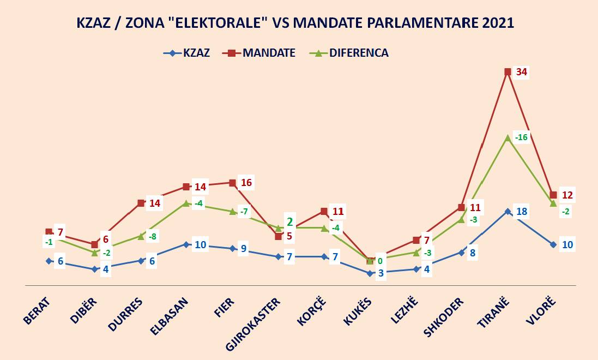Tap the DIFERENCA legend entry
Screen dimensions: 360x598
pyautogui.click(x=349, y=53)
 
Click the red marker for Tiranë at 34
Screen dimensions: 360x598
pyautogui.click(x=508, y=71)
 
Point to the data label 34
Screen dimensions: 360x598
pyautogui.click(x=523, y=73)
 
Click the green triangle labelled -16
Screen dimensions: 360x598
pyautogui.click(x=508, y=137)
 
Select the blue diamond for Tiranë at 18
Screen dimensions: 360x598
pyautogui.click(x=508, y=212)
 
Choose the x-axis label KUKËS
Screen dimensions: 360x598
pyautogui.click(x=358, y=311)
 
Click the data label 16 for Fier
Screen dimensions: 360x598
pyautogui.click(x=246, y=183)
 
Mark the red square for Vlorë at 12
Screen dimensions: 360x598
pyautogui.click(x=553, y=195)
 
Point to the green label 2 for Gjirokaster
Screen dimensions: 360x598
pyautogui.click(x=290, y=221)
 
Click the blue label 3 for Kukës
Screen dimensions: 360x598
pyautogui.click(x=382, y=273)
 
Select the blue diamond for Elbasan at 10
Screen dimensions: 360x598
pyautogui.click(x=186, y=244)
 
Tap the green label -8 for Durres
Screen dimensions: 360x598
pyautogui.click(x=153, y=236)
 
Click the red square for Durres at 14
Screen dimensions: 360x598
pyautogui.click(x=141, y=203)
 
